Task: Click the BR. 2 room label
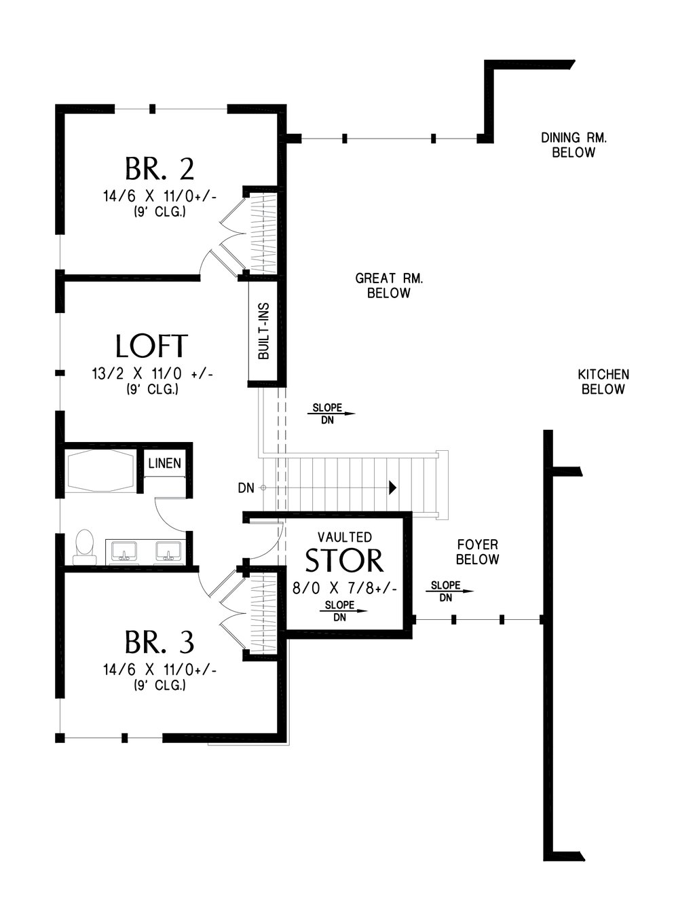(x=159, y=168)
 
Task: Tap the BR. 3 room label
(x=159, y=642)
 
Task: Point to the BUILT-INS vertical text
(x=263, y=331)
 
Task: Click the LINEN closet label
(x=164, y=463)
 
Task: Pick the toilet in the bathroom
(x=85, y=547)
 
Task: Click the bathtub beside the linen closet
(x=99, y=471)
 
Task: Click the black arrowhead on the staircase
(x=392, y=488)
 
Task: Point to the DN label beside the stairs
(x=246, y=488)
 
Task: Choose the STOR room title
(x=344, y=560)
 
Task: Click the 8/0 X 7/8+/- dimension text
(x=345, y=588)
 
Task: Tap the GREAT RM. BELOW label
(x=389, y=285)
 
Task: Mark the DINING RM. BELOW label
(x=574, y=145)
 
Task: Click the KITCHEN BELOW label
(x=603, y=382)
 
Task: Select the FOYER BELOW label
(x=478, y=552)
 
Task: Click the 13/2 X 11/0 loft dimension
(x=152, y=374)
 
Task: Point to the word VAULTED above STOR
(x=345, y=537)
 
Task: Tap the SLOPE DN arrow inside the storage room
(x=343, y=610)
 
